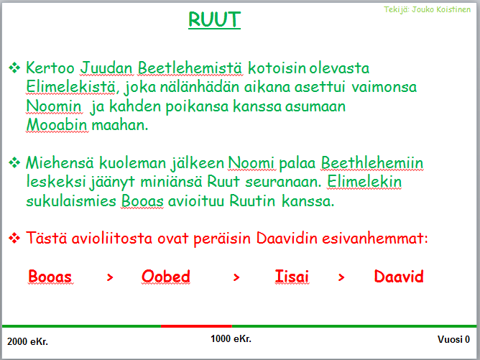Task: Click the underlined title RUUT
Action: (214, 19)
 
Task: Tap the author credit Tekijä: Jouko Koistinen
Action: (427, 9)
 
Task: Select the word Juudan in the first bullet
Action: (106, 68)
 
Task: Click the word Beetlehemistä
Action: (190, 68)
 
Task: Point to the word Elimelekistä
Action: (70, 86)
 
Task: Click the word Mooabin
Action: (57, 124)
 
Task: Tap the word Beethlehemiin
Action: (372, 162)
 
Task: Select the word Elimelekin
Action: (364, 182)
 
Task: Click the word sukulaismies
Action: (71, 200)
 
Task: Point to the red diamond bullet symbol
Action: (14, 238)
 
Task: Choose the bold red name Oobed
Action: (165, 277)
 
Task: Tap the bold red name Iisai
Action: (292, 277)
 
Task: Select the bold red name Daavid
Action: (399, 277)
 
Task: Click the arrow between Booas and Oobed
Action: (110, 277)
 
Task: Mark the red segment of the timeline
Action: (196, 326)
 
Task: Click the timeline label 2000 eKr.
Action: (27, 341)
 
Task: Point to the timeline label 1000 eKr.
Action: (231, 339)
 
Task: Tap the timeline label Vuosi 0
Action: (453, 339)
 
